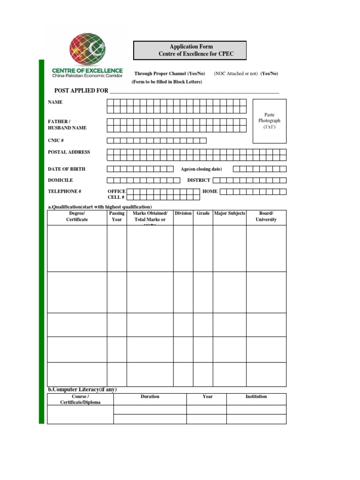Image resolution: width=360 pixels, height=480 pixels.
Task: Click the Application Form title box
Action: (190, 51)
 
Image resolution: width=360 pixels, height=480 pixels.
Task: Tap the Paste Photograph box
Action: (269, 121)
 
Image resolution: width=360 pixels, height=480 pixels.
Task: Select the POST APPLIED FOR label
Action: (78, 90)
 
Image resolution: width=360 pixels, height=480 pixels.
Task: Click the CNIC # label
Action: (56, 141)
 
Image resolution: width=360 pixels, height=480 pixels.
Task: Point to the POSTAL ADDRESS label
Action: (69, 152)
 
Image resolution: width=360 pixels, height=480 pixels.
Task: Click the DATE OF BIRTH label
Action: (67, 169)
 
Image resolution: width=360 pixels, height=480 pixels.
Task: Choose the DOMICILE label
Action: (60, 180)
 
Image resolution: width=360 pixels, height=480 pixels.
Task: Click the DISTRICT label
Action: (199, 180)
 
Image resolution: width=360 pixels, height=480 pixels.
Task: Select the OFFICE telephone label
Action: (116, 191)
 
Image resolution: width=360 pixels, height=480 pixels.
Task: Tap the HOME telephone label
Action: (210, 191)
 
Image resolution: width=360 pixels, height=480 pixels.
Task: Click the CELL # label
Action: (116, 198)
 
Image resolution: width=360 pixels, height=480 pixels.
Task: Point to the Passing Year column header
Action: (117, 217)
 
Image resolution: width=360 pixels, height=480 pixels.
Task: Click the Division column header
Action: (183, 214)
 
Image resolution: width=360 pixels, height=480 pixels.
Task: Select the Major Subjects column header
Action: (229, 214)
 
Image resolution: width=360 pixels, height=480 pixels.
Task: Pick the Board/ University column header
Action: (266, 217)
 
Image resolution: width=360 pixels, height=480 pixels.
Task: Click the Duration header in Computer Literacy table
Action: (150, 397)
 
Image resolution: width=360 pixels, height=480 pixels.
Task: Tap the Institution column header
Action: (256, 397)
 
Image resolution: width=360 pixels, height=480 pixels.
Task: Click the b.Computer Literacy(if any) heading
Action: (82, 390)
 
